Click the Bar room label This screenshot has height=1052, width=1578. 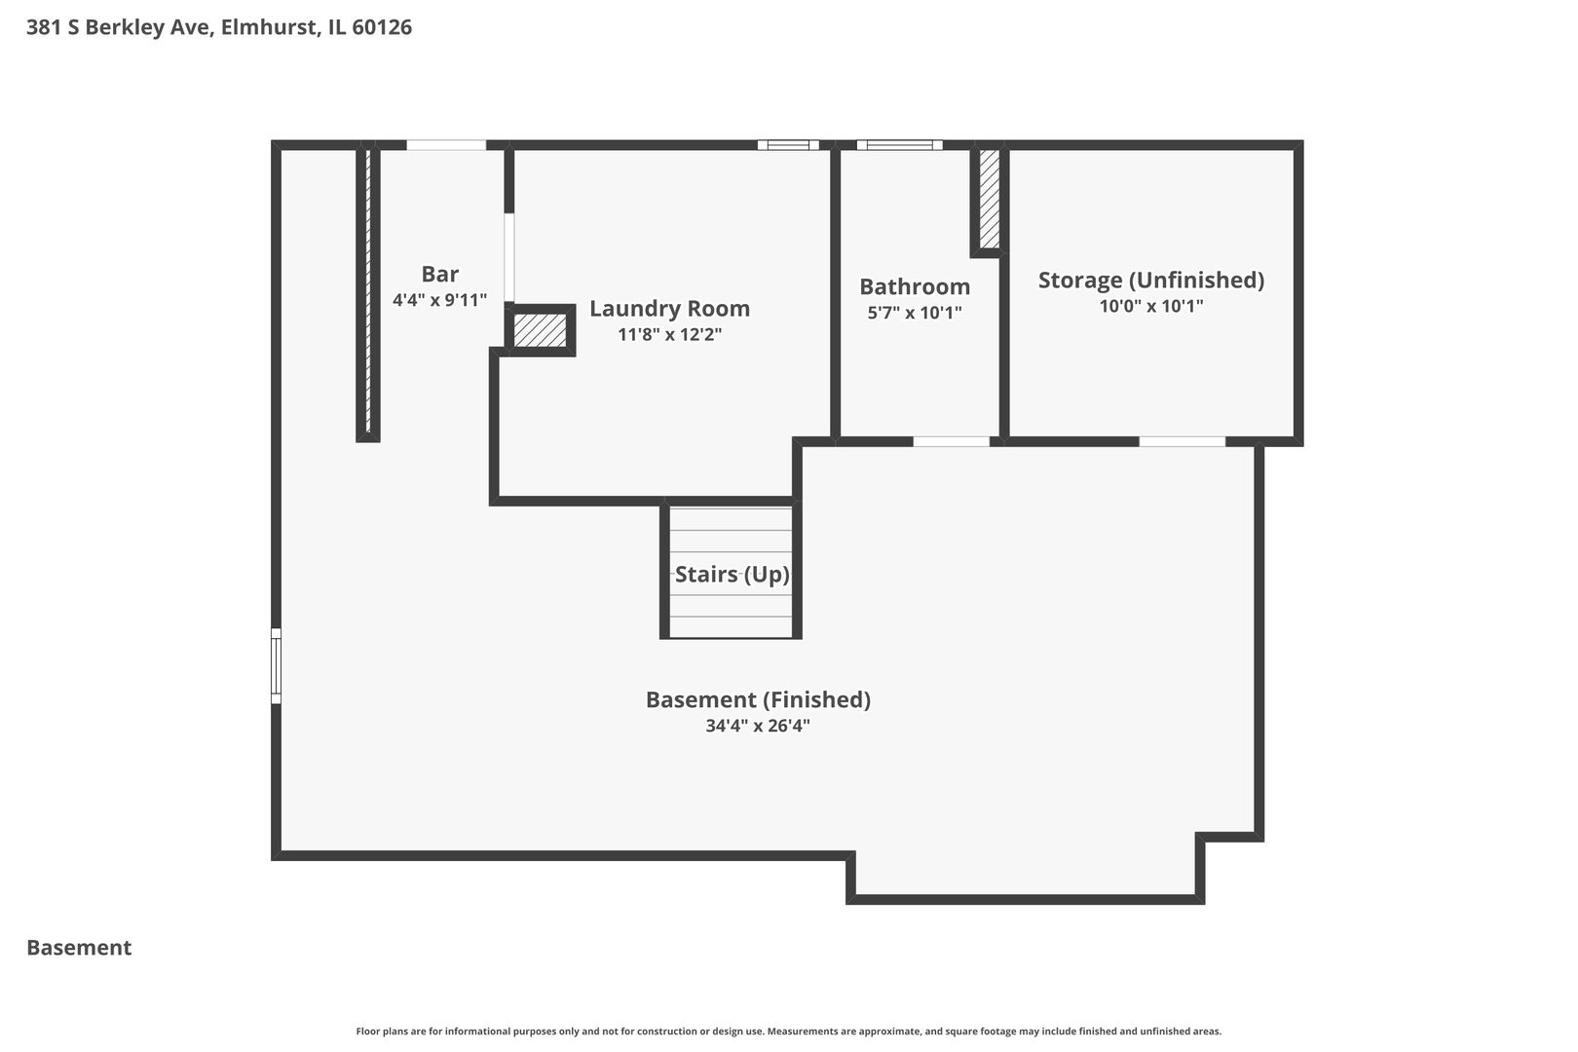[439, 274]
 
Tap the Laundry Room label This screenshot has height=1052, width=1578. [669, 309]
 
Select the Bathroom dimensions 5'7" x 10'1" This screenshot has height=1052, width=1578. [915, 312]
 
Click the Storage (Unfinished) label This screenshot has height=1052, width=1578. [1151, 280]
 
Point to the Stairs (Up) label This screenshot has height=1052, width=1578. [732, 575]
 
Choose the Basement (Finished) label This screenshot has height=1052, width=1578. [758, 699]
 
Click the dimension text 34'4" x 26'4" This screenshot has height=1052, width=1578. [758, 726]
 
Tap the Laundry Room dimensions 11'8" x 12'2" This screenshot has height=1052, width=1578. [669, 334]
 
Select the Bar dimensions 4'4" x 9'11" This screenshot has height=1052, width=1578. [439, 300]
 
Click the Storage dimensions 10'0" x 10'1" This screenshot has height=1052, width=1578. [1151, 306]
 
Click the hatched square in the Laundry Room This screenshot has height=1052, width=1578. [540, 330]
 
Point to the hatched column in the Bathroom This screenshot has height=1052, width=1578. [989, 199]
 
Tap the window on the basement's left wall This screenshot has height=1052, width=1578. [277, 666]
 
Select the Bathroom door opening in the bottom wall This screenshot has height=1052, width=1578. [951, 442]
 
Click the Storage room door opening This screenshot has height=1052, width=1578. [1183, 442]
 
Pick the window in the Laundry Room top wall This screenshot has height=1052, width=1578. [788, 145]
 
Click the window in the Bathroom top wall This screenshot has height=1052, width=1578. [900, 145]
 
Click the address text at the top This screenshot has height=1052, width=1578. [219, 27]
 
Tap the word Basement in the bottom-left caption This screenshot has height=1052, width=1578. [79, 948]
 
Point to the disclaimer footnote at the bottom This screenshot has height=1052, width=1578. [788, 1032]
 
